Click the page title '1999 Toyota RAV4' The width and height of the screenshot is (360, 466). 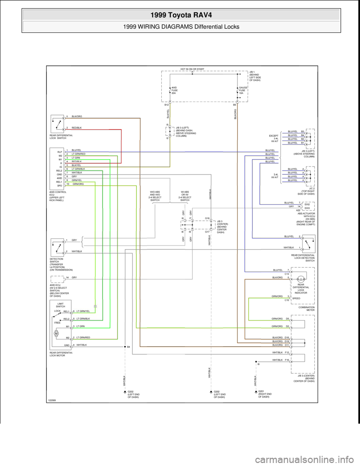[x=180, y=15]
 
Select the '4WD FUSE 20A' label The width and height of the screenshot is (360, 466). [x=175, y=90]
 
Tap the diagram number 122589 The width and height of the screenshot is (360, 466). [x=54, y=400]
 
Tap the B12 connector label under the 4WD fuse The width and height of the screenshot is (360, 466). [x=166, y=105]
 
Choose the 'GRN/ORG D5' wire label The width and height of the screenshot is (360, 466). [x=280, y=319]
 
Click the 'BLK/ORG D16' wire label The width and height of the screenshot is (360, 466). [x=280, y=338]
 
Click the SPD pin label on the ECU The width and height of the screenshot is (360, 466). [x=59, y=186]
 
